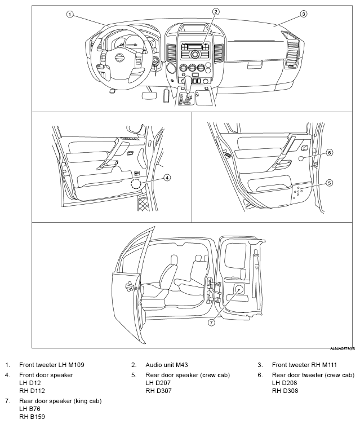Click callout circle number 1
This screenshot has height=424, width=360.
click(70, 14)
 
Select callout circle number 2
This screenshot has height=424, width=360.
click(215, 11)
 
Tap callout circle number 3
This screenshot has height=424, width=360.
click(303, 14)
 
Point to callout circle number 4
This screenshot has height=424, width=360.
click(167, 177)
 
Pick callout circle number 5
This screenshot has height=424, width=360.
click(330, 182)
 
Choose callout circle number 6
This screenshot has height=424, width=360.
click(330, 152)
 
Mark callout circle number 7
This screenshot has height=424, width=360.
click(212, 323)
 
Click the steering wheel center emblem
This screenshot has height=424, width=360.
click(119, 58)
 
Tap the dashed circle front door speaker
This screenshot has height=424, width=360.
click(135, 184)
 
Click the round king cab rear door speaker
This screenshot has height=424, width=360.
click(239, 289)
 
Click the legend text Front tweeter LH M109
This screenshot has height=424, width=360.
click(52, 365)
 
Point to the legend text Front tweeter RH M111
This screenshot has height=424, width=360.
click(304, 365)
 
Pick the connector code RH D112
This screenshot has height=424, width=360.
click(32, 391)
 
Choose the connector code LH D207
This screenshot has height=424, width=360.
click(158, 383)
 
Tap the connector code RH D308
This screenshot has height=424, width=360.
click(285, 391)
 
